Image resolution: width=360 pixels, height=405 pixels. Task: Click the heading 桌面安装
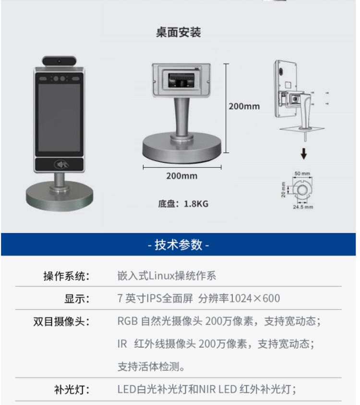point(179,32)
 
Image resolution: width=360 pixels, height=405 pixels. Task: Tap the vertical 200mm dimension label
point(244,106)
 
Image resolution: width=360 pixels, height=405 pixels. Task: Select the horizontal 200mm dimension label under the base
point(181,176)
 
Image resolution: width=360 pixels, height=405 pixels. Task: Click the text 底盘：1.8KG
point(183,204)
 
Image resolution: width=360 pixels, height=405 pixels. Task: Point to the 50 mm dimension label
point(302,173)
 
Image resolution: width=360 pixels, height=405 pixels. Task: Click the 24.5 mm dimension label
point(303,207)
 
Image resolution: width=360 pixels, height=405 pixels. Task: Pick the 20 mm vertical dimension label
point(283,190)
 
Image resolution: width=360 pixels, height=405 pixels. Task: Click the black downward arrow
point(304,153)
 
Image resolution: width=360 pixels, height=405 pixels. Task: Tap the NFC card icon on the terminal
point(61,164)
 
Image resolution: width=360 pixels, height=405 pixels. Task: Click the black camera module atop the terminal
point(60,61)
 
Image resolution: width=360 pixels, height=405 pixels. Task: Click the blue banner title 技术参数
point(179,245)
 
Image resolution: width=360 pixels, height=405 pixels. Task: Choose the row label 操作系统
point(66,276)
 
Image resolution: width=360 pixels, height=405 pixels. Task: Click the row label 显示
point(77,299)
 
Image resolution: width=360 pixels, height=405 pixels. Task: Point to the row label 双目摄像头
point(61,321)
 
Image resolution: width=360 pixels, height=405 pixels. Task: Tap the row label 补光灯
point(72,390)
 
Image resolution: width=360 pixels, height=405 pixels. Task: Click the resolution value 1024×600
point(254,298)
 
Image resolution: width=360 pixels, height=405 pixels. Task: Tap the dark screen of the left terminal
point(59,118)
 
